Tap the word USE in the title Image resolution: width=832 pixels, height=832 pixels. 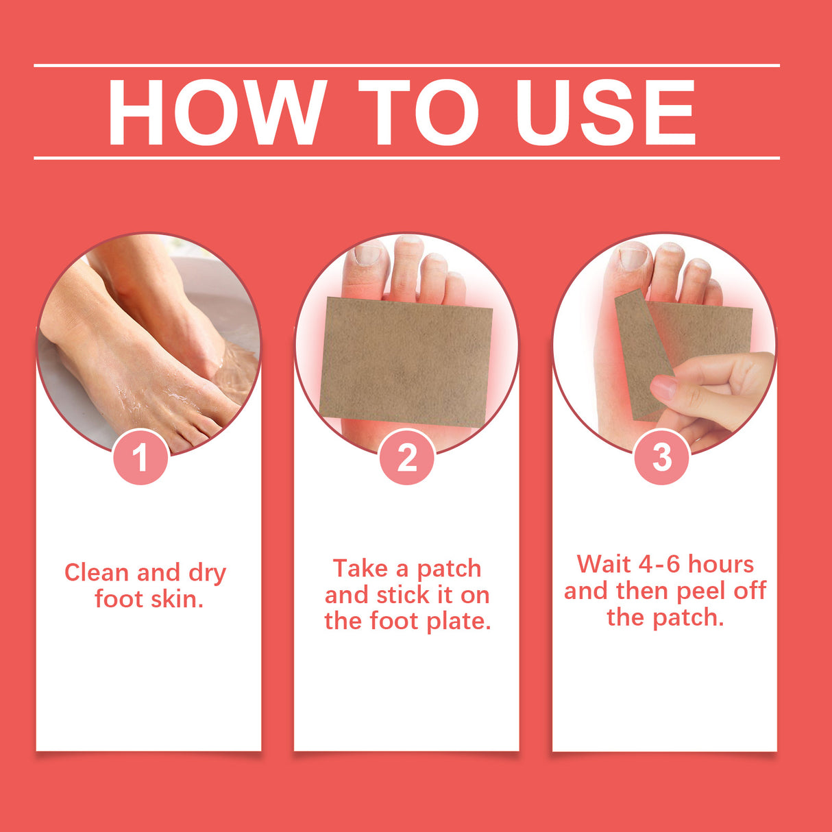click(x=606, y=113)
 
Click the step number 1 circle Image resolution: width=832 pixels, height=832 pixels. click(x=140, y=457)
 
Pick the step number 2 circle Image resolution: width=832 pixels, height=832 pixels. click(x=406, y=457)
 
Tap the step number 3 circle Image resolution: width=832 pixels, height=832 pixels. click(x=661, y=457)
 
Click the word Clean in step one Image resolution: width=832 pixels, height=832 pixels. click(x=97, y=572)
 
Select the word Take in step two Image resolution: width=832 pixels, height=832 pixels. click(x=360, y=568)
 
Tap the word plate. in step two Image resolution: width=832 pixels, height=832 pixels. click(x=458, y=621)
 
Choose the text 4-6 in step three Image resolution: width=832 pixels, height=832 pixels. click(x=659, y=564)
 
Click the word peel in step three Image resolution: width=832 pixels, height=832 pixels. click(x=700, y=591)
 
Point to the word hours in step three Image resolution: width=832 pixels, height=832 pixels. click(x=721, y=564)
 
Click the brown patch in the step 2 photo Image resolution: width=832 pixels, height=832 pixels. click(x=406, y=361)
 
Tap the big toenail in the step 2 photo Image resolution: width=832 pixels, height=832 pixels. click(x=367, y=254)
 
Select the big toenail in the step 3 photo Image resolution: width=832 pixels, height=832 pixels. click(x=633, y=258)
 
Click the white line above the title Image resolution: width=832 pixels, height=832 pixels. click(x=406, y=66)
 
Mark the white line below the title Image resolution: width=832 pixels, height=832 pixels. click(x=406, y=158)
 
